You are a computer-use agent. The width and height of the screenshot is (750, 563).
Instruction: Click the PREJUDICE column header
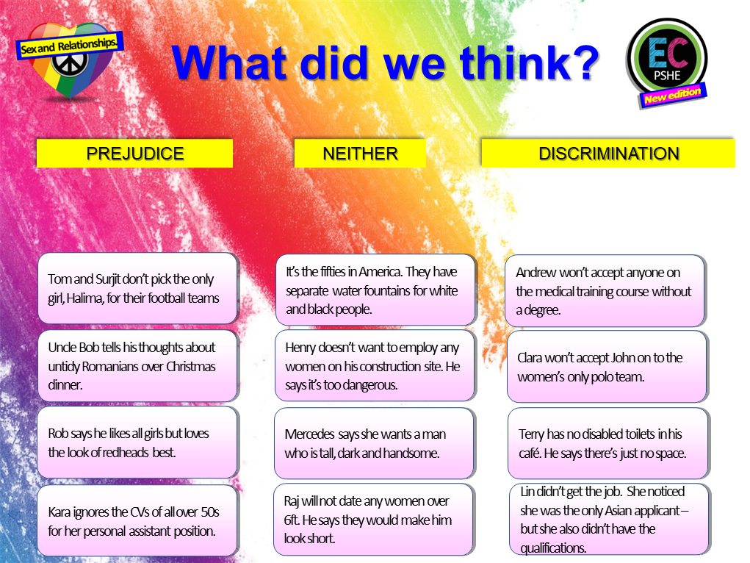coord(134,154)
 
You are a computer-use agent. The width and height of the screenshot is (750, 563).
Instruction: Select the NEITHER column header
coord(360,154)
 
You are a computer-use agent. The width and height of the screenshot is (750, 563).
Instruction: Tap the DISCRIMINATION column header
coord(608,154)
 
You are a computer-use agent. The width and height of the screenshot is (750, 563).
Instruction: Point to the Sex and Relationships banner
coord(69,46)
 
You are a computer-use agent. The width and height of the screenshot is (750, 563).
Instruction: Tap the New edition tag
coord(672,96)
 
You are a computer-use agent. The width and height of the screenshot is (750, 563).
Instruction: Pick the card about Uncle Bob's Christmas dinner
coord(137,366)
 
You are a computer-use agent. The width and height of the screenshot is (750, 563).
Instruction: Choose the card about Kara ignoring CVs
coord(137,520)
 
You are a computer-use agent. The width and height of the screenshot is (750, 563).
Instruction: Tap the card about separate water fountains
coord(375,290)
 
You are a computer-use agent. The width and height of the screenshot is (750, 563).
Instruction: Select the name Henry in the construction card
coord(303,348)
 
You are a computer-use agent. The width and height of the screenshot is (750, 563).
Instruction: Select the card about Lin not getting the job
coord(609,519)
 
